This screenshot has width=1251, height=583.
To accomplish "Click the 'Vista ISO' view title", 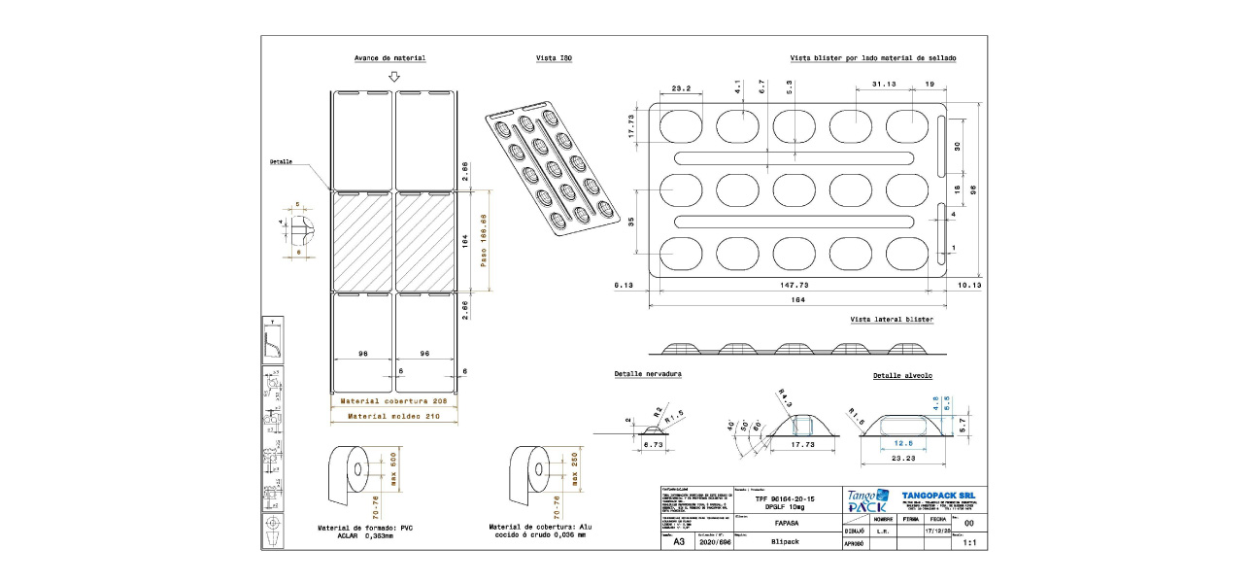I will click(554, 59).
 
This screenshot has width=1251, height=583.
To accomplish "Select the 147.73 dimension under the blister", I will click(795, 285).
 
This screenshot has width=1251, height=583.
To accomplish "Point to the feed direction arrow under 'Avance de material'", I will click(392, 76).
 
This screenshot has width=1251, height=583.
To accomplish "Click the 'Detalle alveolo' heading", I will click(902, 375).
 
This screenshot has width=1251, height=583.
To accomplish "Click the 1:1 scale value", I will click(968, 543).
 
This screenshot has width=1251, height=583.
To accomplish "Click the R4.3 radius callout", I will click(783, 395).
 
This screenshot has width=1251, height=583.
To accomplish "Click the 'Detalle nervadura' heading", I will click(648, 374).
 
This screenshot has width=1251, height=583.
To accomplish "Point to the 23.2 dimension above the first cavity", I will click(680, 88).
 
